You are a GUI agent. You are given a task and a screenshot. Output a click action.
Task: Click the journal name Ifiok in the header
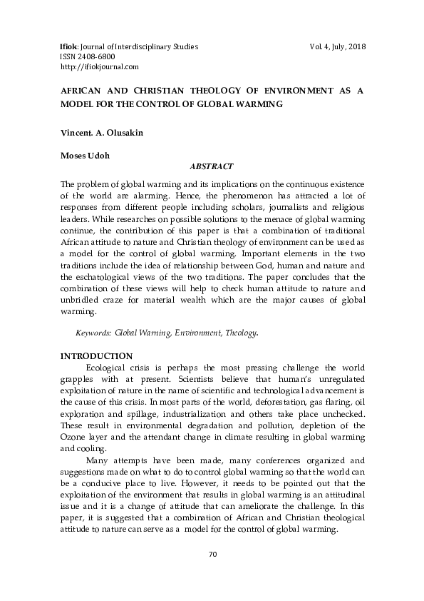pos(69,46)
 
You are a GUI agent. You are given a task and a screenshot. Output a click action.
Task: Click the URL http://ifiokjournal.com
pos(99,66)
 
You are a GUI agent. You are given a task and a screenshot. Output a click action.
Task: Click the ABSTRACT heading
pos(211,166)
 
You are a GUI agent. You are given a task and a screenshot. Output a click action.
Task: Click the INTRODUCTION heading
pos(95,355)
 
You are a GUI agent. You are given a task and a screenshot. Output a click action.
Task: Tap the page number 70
pos(212,555)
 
